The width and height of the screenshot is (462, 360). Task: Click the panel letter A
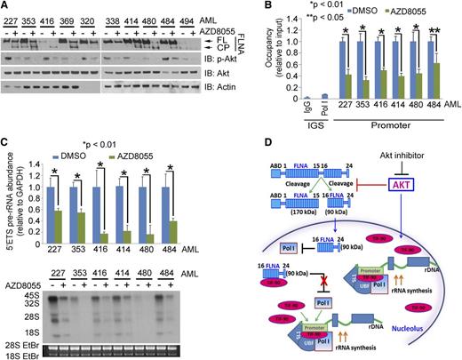click(x=5, y=6)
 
